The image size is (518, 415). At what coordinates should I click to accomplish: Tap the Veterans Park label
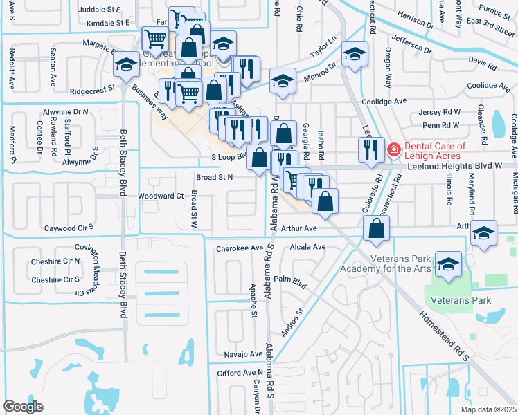pyautogui.click(x=460, y=300)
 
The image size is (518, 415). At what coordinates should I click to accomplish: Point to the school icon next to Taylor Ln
pyautogui.click(x=355, y=56)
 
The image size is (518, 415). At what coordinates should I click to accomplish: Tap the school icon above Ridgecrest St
pyautogui.click(x=125, y=66)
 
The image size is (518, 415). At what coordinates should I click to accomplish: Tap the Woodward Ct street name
pyautogui.click(x=161, y=196)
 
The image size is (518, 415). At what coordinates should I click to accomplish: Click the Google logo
pyautogui.click(x=23, y=406)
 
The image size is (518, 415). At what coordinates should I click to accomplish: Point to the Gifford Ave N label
pyautogui.click(x=233, y=373)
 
